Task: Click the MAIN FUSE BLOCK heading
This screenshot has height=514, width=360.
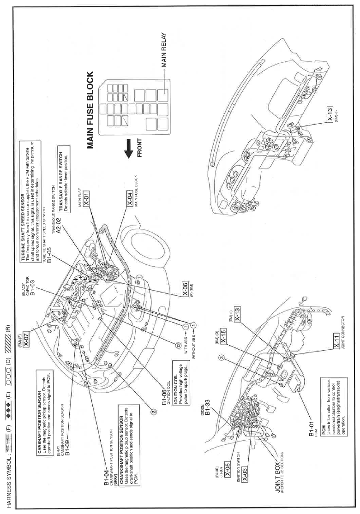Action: [x=90, y=111]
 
